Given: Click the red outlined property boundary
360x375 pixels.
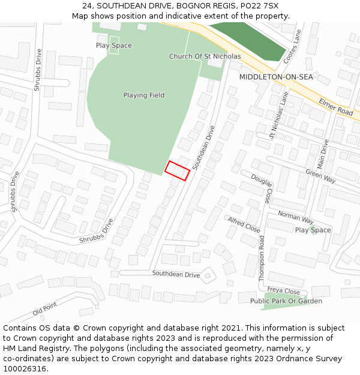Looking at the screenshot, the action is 178,170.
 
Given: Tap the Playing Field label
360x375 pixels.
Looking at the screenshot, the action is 144,95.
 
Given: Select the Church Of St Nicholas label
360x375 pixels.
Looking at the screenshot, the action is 205,56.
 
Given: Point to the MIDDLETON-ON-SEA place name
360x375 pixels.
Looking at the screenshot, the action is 276,77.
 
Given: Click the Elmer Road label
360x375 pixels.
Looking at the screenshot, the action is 336,106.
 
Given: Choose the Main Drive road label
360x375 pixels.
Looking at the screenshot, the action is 322,154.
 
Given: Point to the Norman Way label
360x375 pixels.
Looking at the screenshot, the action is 296,217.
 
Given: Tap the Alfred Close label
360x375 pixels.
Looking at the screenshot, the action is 244,225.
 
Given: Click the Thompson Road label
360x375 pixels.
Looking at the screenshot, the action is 262,258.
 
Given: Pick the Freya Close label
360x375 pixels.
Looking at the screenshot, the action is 283,291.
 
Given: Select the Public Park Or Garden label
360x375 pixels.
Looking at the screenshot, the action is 286,301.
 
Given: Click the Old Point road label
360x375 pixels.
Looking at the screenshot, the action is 45,309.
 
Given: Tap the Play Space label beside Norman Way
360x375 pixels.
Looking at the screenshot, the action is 313,230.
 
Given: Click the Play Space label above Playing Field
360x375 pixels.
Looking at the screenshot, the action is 114,46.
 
